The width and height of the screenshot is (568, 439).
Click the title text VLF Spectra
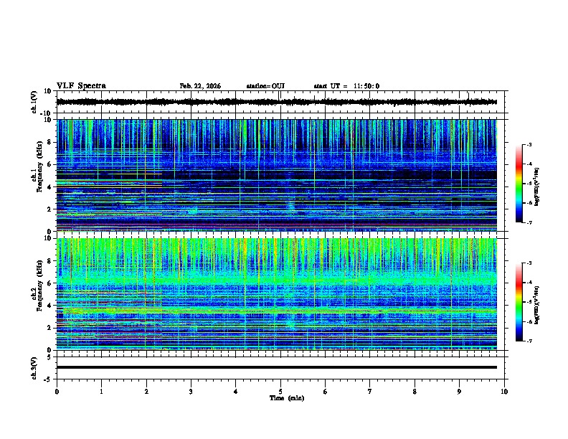point(81,86)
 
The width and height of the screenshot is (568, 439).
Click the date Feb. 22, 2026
point(200,86)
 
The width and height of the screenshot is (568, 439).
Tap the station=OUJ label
point(265,86)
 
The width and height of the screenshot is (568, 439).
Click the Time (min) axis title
point(286,397)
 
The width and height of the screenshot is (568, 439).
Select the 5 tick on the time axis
point(280,391)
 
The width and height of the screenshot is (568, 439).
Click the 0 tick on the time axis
point(57,391)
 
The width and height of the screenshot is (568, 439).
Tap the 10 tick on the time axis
point(504,391)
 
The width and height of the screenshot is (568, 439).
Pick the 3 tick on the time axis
point(191,391)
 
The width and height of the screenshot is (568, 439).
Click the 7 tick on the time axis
point(370,391)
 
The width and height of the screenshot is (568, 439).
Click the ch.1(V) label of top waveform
point(34,103)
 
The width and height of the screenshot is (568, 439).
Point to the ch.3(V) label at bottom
point(34,367)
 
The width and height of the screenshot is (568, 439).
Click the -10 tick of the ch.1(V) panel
point(47,113)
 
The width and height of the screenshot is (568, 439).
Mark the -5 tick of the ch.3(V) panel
point(48,378)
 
